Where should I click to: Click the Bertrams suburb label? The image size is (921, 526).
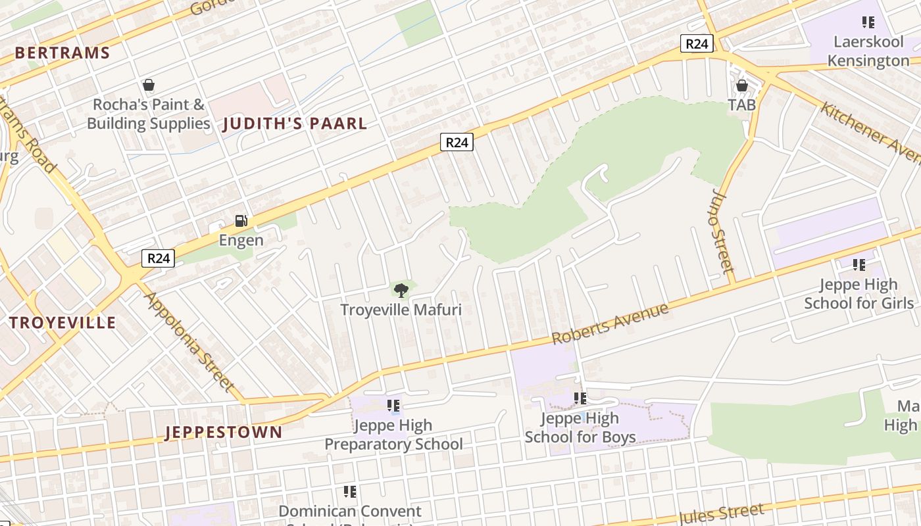[x=62, y=53]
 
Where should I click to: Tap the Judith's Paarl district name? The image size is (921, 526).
[x=295, y=124]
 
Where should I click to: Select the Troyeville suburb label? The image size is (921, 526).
[x=62, y=323]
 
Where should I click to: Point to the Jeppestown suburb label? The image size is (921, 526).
[x=223, y=432]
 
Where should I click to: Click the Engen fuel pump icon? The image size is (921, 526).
[x=241, y=221]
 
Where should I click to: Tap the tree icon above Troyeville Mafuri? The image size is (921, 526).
[x=401, y=290]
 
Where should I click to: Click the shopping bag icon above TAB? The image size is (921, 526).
[x=742, y=85]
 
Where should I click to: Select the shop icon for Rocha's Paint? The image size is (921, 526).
[x=149, y=85]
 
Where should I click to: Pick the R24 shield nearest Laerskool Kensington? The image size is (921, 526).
[x=697, y=44]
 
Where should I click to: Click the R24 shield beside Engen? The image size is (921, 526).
[x=158, y=258]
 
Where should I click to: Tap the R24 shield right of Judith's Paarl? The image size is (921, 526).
[x=457, y=142]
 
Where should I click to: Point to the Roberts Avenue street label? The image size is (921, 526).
[x=610, y=323]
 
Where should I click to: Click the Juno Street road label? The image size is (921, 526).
[x=722, y=231]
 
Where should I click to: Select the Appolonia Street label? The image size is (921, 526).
[x=189, y=341]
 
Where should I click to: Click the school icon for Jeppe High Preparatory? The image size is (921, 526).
[x=393, y=406]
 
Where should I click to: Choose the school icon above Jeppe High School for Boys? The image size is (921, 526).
[x=580, y=398]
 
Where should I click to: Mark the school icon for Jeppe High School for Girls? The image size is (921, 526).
[x=859, y=265]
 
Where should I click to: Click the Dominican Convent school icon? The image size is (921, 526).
[x=350, y=491]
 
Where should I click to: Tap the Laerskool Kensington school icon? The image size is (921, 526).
[x=868, y=22]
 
